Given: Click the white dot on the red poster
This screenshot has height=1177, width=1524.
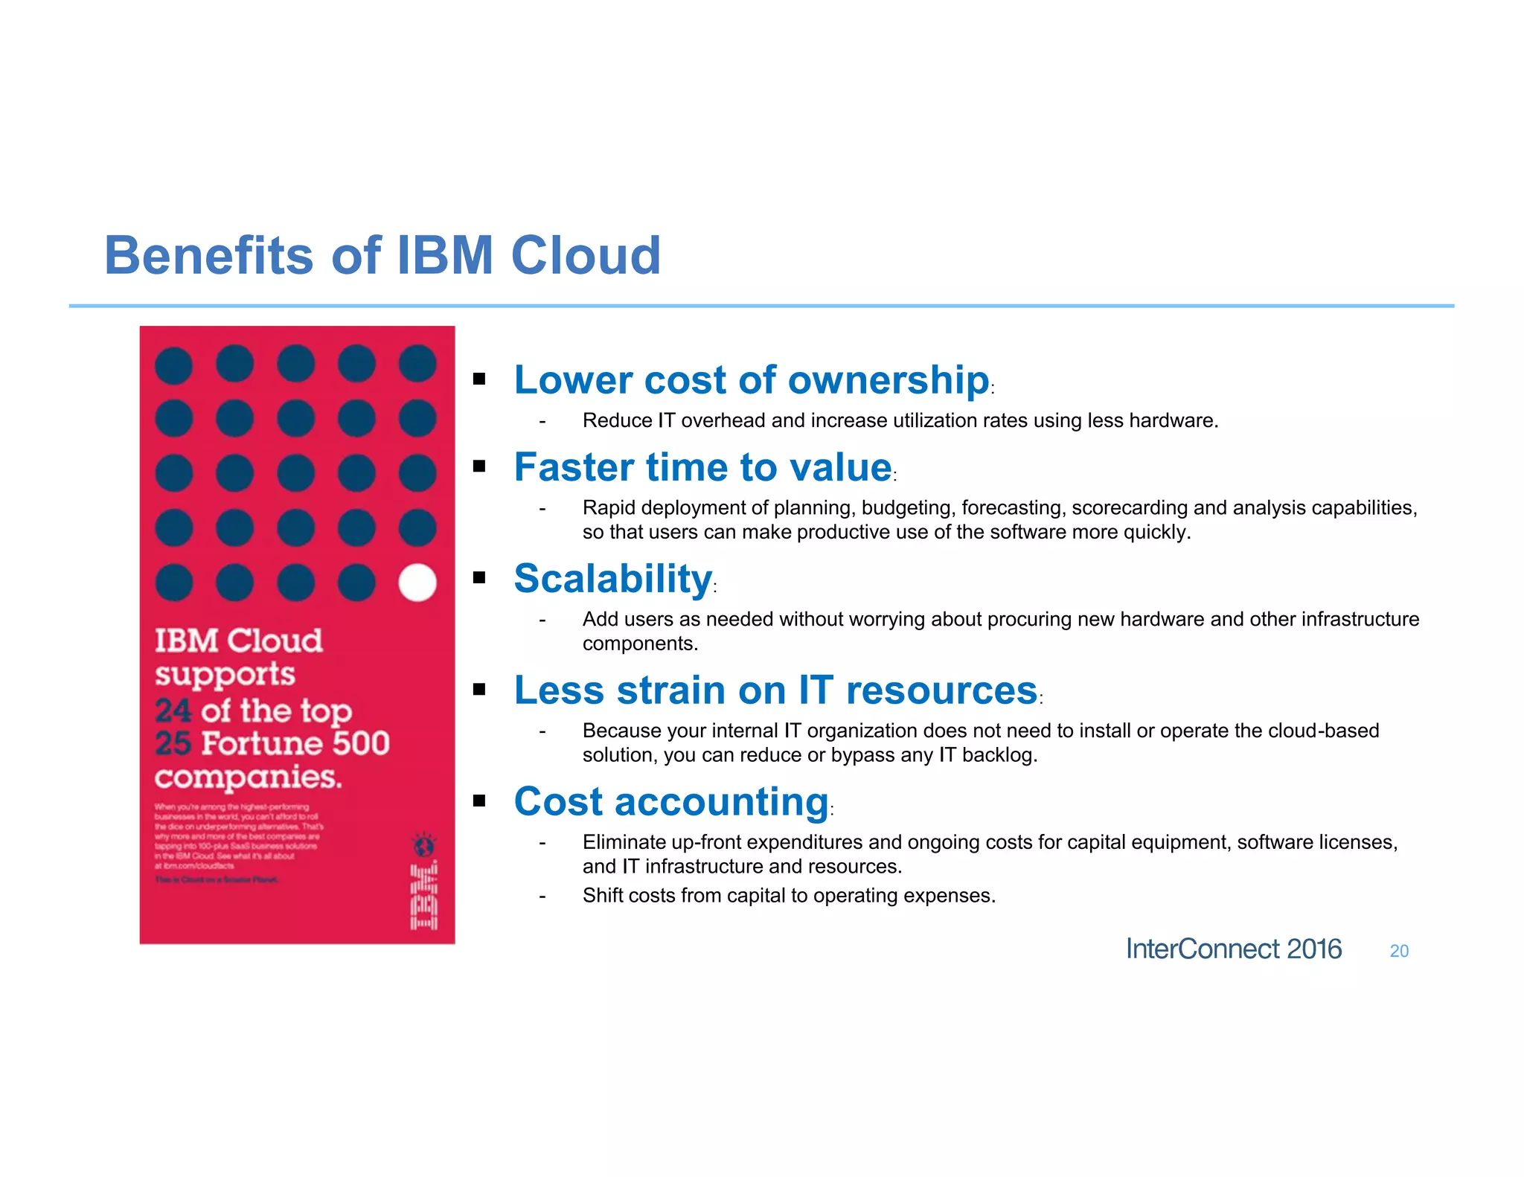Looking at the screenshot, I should click(x=417, y=582).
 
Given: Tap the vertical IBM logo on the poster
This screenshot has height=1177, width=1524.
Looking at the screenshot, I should click(x=424, y=897).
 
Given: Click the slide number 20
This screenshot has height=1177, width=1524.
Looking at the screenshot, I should click(x=1399, y=951).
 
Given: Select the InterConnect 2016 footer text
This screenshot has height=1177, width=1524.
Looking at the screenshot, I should click(x=1233, y=949).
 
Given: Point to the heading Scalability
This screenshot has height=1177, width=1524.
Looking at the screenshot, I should click(x=613, y=579).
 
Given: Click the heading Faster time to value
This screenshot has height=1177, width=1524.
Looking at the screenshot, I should click(x=702, y=467).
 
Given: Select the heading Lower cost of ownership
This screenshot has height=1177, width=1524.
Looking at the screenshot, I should click(x=752, y=380).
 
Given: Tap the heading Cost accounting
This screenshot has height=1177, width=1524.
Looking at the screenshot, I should click(x=671, y=802).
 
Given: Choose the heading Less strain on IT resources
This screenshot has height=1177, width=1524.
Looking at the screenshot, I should click(x=775, y=690).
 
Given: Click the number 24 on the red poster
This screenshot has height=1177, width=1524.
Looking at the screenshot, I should click(x=173, y=711).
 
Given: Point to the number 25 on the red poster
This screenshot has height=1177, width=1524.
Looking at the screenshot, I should click(x=173, y=743).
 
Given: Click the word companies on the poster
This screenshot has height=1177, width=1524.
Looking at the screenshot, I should click(x=248, y=777).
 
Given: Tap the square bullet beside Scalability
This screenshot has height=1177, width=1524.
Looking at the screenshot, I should click(x=479, y=577).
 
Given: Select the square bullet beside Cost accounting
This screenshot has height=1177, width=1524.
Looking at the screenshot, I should click(x=479, y=801).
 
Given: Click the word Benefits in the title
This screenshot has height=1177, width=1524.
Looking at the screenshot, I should click(x=209, y=255).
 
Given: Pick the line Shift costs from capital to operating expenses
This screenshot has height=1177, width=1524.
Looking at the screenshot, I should click(x=789, y=895).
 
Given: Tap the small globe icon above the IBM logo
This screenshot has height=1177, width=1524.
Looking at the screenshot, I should click(x=423, y=845).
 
